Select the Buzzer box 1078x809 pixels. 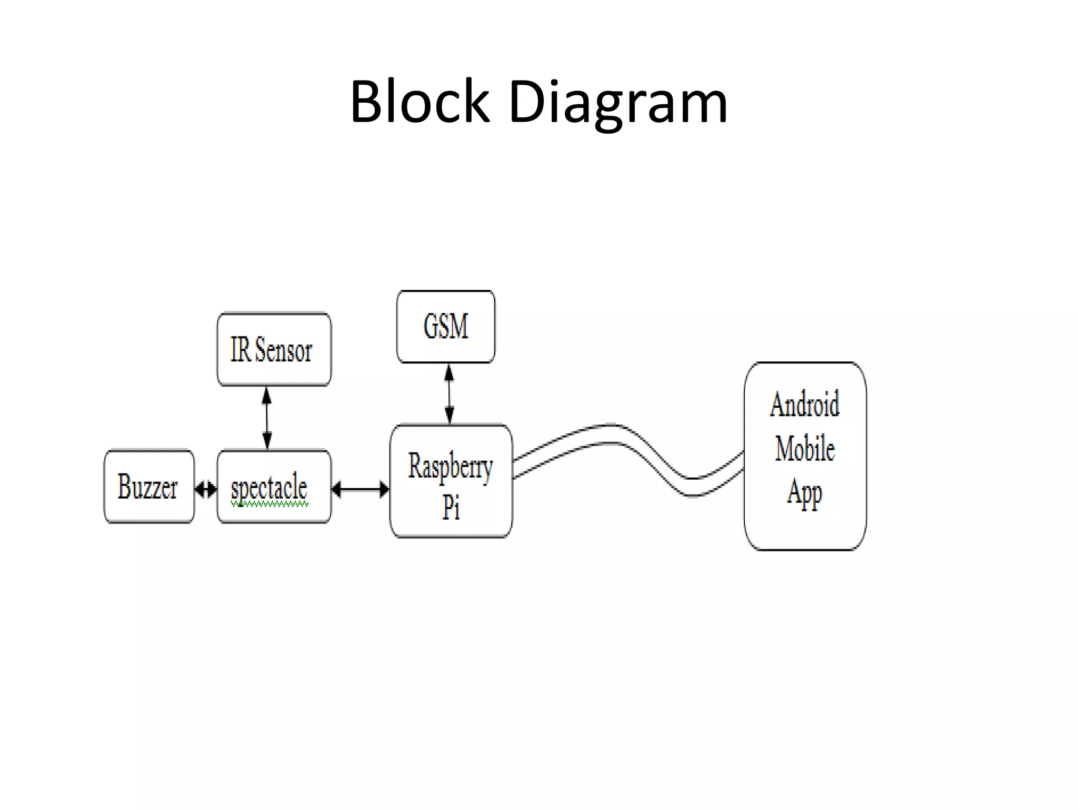pyautogui.click(x=149, y=486)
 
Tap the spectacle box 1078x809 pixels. pyautogui.click(x=274, y=486)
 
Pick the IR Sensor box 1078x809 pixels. pyautogui.click(x=274, y=349)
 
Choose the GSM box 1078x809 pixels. pyautogui.click(x=446, y=327)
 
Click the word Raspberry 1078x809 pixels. pyautogui.click(x=451, y=467)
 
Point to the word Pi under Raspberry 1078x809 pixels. pyautogui.click(x=451, y=507)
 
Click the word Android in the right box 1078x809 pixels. pyautogui.click(x=805, y=404)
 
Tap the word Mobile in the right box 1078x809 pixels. pyautogui.click(x=805, y=449)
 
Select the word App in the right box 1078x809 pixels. pyautogui.click(x=804, y=493)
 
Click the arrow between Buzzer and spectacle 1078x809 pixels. pyautogui.click(x=206, y=490)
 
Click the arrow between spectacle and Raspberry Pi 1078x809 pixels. pyautogui.click(x=361, y=490)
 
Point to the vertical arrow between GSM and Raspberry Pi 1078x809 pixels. pyautogui.click(x=449, y=394)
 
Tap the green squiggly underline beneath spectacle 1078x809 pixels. pyautogui.click(x=269, y=505)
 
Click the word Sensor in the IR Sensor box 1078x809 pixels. pyautogui.click(x=284, y=349)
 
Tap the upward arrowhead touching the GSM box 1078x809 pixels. pyautogui.click(x=449, y=373)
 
